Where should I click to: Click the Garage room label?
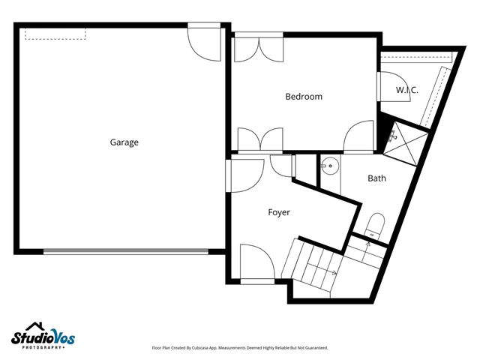(x=124, y=142)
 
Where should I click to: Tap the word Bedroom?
(x=304, y=97)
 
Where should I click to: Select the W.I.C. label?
(x=407, y=90)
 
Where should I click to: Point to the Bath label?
(x=376, y=178)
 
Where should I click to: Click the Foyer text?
(x=279, y=212)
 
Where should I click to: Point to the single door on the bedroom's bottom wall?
(x=359, y=136)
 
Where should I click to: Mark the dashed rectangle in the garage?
(x=55, y=34)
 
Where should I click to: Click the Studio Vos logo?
(x=43, y=336)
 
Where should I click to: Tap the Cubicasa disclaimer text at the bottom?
(x=240, y=348)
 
